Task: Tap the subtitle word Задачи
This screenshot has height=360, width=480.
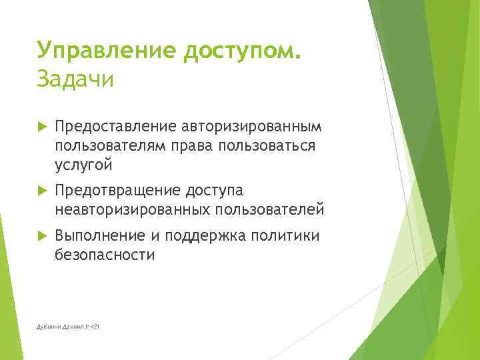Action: [75, 79]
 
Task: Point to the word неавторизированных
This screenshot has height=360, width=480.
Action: [132, 210]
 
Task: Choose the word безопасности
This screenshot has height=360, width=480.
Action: [105, 254]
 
